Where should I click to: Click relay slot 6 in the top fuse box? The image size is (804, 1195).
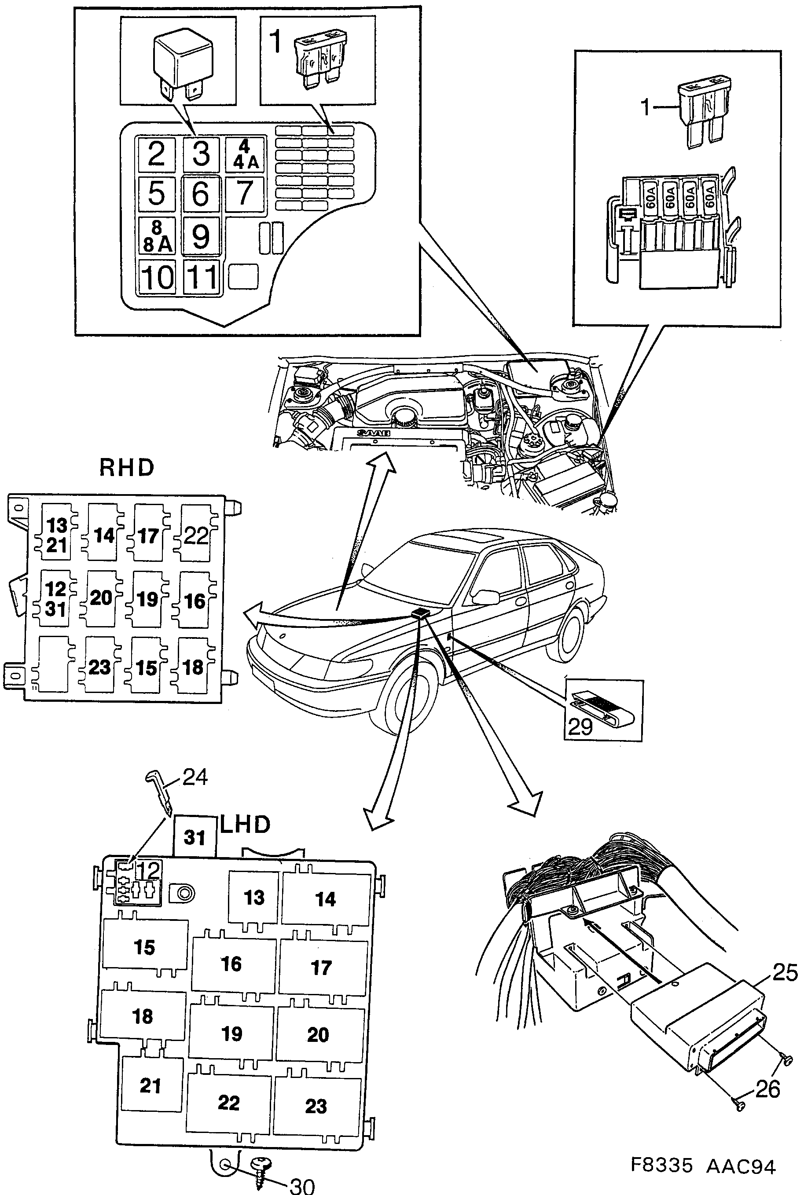tap(201, 194)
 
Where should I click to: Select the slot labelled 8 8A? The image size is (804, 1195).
tap(157, 236)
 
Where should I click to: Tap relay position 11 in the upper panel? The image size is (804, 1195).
tap(202, 277)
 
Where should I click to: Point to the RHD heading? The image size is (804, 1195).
tap(126, 468)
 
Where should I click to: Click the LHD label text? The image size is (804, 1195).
tap(245, 825)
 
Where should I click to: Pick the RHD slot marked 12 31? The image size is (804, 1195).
tap(55, 599)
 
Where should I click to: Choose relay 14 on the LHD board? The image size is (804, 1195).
tap(325, 899)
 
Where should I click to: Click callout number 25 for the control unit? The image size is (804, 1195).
tap(785, 972)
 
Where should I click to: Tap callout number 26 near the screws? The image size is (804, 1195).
tap(767, 1089)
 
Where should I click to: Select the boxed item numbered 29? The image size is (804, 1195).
tap(603, 710)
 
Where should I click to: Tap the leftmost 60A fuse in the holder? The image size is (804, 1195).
tap(650, 198)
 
